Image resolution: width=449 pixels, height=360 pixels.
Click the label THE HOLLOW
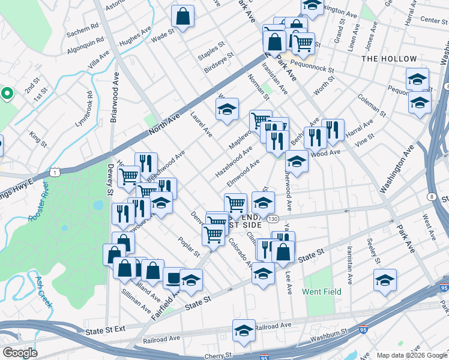pyautogui.click(x=389, y=59)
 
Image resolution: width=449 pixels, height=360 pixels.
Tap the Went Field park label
pyautogui.click(x=322, y=292)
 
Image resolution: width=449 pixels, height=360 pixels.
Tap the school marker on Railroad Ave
pyautogui.click(x=244, y=331)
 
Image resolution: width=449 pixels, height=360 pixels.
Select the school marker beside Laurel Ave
pyautogui.click(x=227, y=109)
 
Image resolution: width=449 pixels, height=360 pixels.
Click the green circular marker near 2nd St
pyautogui.click(x=7, y=94)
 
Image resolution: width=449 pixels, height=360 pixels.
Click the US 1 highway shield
pyautogui.click(x=55, y=172)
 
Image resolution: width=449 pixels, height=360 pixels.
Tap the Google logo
pyautogui.click(x=20, y=352)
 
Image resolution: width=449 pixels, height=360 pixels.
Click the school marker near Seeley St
pyautogui.click(x=385, y=280)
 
